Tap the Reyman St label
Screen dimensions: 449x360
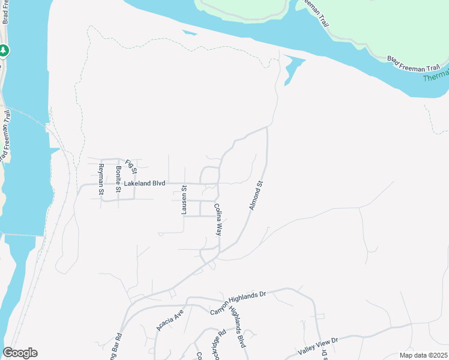(x=101, y=179)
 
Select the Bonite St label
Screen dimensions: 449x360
(x=119, y=179)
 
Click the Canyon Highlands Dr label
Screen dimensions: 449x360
(x=238, y=303)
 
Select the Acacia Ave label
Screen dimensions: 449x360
(x=169, y=321)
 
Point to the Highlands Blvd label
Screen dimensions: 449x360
(x=238, y=331)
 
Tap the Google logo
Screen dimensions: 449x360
(x=20, y=353)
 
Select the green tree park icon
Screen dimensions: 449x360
(x=4, y=50)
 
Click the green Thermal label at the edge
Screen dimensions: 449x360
(x=436, y=75)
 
